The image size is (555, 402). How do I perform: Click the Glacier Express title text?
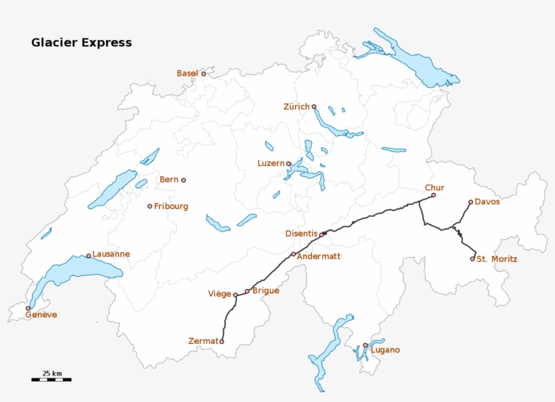pos(81,43)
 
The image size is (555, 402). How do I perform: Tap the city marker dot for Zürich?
pos(314,106)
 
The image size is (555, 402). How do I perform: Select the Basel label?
pos(187,73)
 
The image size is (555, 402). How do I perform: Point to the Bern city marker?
pos(183,180)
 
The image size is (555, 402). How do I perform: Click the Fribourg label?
pos(171,206)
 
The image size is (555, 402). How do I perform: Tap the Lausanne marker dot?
pos(89,256)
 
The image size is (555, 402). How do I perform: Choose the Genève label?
pos(41,315)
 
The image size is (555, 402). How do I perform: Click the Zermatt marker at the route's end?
pos(221,342)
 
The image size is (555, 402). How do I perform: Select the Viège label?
pos(219,294)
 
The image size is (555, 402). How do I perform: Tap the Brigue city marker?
pos(247,291)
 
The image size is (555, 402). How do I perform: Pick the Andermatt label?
pos(318,256)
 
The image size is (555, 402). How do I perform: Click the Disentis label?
pos(301,233)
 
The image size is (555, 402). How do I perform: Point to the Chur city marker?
pos(434,195)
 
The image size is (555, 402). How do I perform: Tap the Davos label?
pos(487,202)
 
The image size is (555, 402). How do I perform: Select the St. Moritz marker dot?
pos(472,259)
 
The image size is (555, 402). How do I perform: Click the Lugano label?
pos(385,350)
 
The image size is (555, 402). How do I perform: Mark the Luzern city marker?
pos(288,163)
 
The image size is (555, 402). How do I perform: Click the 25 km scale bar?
pos(51,380)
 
